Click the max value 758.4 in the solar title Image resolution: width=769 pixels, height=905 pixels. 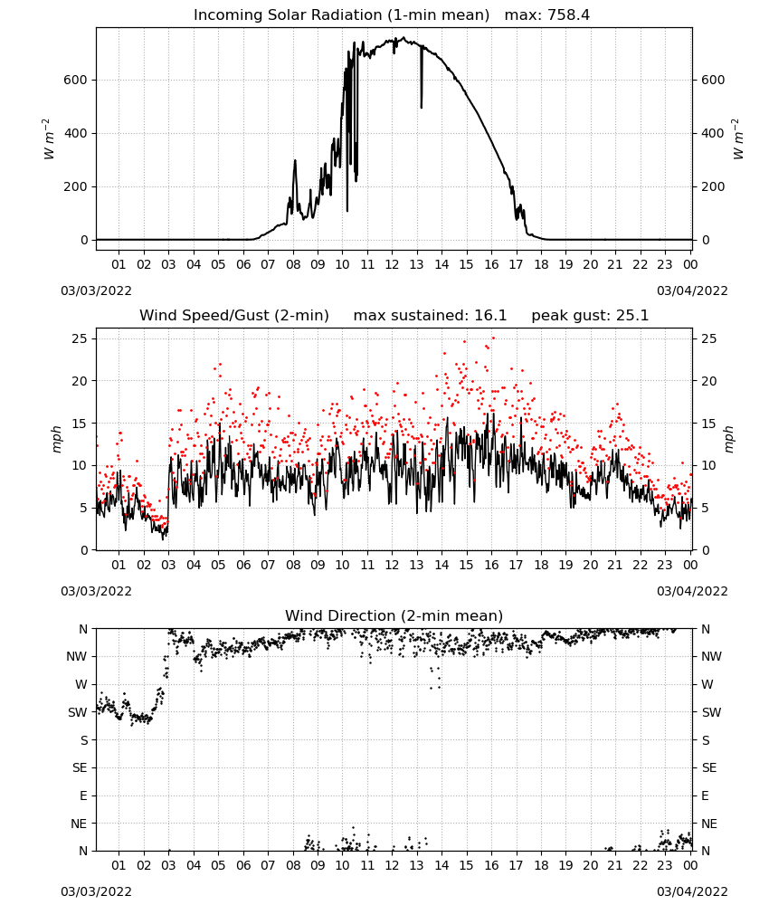tap(568, 15)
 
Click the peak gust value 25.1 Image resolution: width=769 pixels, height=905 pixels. tap(631, 316)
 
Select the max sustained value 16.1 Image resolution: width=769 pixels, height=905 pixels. tap(490, 316)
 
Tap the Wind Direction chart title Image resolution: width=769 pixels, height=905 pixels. tap(394, 615)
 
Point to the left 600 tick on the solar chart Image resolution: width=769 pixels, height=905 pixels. tap(76, 80)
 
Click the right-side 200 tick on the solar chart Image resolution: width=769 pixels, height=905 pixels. tap(713, 186)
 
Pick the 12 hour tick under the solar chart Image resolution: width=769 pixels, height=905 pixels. tap(392, 264)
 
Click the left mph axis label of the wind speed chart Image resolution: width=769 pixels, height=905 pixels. tap(56, 439)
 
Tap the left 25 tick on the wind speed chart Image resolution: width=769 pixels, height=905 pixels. tap(80, 338)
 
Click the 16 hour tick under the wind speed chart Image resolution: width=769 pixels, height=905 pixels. tap(491, 565)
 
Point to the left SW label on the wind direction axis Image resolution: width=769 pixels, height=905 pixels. tap(78, 712)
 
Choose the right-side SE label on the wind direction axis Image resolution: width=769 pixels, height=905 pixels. tap(709, 767)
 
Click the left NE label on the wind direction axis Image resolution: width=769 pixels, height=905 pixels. tap(79, 824)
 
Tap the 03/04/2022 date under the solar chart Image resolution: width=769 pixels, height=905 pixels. tap(692, 291)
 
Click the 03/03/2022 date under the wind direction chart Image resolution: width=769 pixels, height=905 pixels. tap(96, 891)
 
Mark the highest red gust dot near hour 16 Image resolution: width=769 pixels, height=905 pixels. tap(493, 338)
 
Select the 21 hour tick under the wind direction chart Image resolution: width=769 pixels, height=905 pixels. tap(615, 865)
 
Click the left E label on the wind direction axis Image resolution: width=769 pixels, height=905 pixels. tap(83, 795)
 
